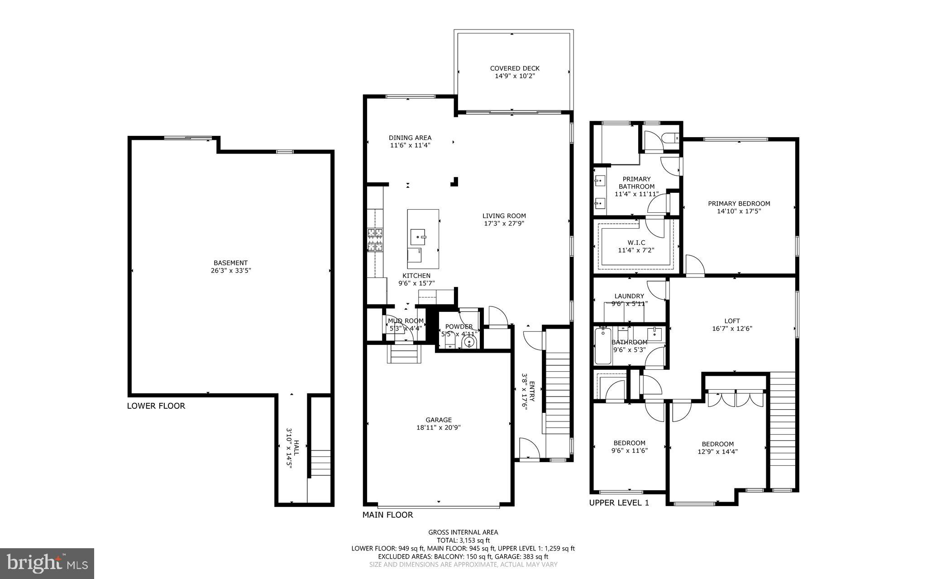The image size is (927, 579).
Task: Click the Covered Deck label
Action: pos(515,68)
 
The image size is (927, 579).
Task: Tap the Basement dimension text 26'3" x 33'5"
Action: pos(231,271)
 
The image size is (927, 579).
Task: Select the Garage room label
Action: pos(438,420)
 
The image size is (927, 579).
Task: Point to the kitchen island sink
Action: pos(418,236)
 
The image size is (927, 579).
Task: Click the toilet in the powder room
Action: pos(470,342)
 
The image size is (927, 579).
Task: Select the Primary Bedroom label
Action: pos(739,204)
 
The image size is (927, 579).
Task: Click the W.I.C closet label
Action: pos(636,243)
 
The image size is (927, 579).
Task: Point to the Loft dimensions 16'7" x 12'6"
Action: pos(732,329)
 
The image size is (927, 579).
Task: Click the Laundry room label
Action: pos(629,296)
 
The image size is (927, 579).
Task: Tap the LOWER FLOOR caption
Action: pos(156,406)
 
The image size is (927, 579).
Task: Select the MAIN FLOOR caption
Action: pos(387,515)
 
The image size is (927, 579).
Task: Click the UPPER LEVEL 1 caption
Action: pos(619,502)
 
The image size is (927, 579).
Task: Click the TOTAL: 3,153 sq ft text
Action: pos(463,540)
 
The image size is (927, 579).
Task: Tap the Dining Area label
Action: pos(410,138)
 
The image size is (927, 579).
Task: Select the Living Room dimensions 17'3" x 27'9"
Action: pos(504,223)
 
